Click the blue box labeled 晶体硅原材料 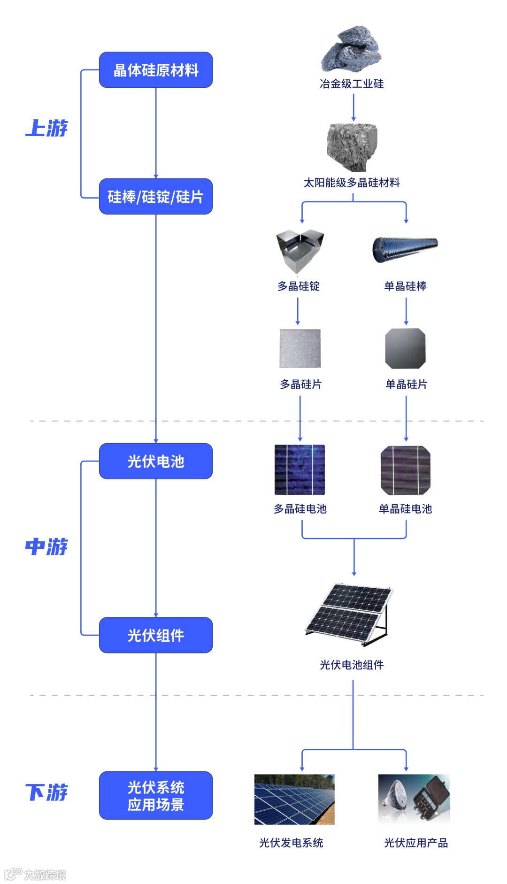[x=156, y=70]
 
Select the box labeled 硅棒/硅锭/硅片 [x=156, y=197]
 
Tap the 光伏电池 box [x=156, y=461]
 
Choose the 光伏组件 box [x=156, y=635]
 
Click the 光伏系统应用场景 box [x=156, y=796]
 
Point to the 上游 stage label [x=46, y=128]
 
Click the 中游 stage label [x=46, y=546]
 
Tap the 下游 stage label [x=46, y=792]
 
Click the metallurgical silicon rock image [x=352, y=49]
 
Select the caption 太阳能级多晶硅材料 [x=352, y=183]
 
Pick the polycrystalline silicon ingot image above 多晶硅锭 [x=300, y=251]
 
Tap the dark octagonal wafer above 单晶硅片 [x=405, y=349]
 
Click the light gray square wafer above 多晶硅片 [x=300, y=349]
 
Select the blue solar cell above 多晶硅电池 [x=300, y=470]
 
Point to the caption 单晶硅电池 [x=405, y=509]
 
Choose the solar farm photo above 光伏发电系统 [x=294, y=799]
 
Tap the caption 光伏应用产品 [x=416, y=843]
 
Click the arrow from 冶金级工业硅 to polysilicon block [x=353, y=107]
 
